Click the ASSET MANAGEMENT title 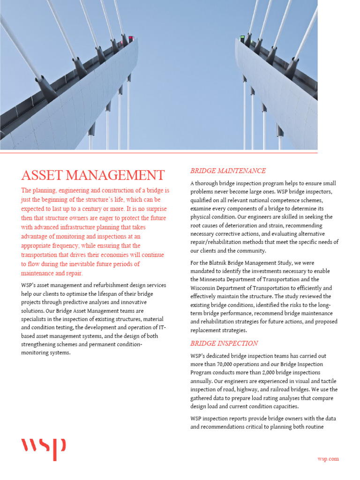point(93,175)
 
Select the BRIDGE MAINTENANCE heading point(228,171)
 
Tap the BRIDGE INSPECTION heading point(224,343)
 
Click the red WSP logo point(44,449)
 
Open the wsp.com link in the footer point(328,459)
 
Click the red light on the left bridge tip point(131,37)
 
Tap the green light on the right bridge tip point(242,37)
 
